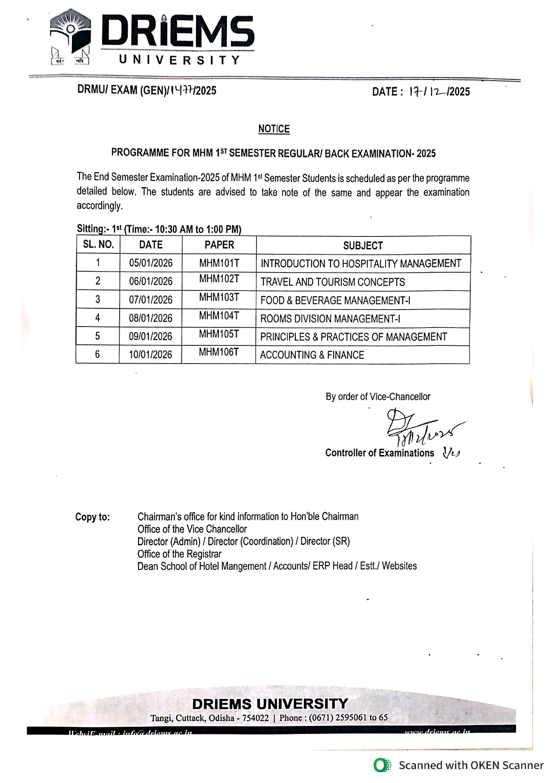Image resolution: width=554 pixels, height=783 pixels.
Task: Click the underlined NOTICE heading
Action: pyautogui.click(x=274, y=129)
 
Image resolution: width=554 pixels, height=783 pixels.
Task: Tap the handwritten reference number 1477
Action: pyautogui.click(x=182, y=91)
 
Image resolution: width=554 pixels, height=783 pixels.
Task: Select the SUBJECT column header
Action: pyautogui.click(x=363, y=245)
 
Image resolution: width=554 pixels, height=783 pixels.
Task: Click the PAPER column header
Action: pyautogui.click(x=219, y=245)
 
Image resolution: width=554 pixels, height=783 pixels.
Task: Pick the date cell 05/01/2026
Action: pyautogui.click(x=151, y=263)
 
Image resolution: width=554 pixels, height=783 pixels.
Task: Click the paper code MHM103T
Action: pyautogui.click(x=219, y=298)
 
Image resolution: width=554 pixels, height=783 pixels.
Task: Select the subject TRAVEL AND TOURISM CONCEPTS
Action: pyautogui.click(x=332, y=282)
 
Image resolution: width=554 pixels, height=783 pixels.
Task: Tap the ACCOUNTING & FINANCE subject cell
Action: pyautogui.click(x=312, y=355)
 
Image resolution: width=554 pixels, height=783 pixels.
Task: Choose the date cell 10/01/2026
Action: pyautogui.click(x=151, y=355)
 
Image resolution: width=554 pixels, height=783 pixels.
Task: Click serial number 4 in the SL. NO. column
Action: pyautogui.click(x=97, y=318)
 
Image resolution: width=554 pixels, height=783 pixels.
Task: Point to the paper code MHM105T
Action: pyautogui.click(x=219, y=334)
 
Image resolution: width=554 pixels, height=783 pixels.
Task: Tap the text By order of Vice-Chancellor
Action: pyautogui.click(x=378, y=397)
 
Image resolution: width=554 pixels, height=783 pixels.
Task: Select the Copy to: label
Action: pyautogui.click(x=92, y=517)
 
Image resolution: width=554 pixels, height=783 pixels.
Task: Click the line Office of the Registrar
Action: pyautogui.click(x=179, y=554)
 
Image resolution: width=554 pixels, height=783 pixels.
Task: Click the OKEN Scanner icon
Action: pyautogui.click(x=382, y=765)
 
